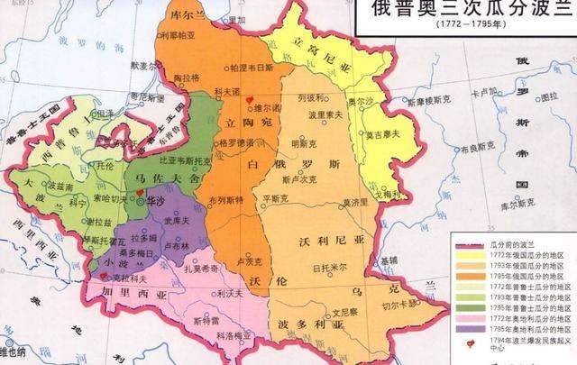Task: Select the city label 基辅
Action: pos(390,258)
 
